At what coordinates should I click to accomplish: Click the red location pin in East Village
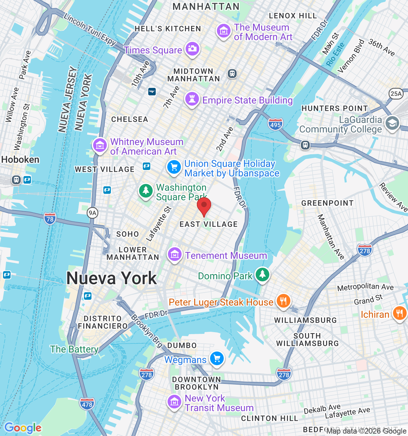204,206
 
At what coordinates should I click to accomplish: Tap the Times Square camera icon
192,48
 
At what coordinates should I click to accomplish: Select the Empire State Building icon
192,99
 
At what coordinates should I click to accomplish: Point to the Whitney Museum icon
100,145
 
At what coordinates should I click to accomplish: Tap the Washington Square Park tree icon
146,190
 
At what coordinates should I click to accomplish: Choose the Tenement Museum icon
174,254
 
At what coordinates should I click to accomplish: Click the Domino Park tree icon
262,274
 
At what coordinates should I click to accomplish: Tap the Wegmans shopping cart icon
217,358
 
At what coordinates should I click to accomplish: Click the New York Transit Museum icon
174,402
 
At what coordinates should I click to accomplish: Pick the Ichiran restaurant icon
399,313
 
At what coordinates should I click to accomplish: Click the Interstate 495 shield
275,124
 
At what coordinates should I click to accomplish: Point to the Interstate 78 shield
50,219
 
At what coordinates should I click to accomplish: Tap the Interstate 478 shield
87,404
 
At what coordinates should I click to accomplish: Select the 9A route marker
92,213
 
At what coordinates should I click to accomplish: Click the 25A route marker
396,94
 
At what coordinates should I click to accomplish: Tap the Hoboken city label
20,159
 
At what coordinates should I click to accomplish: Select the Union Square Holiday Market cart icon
174,167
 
